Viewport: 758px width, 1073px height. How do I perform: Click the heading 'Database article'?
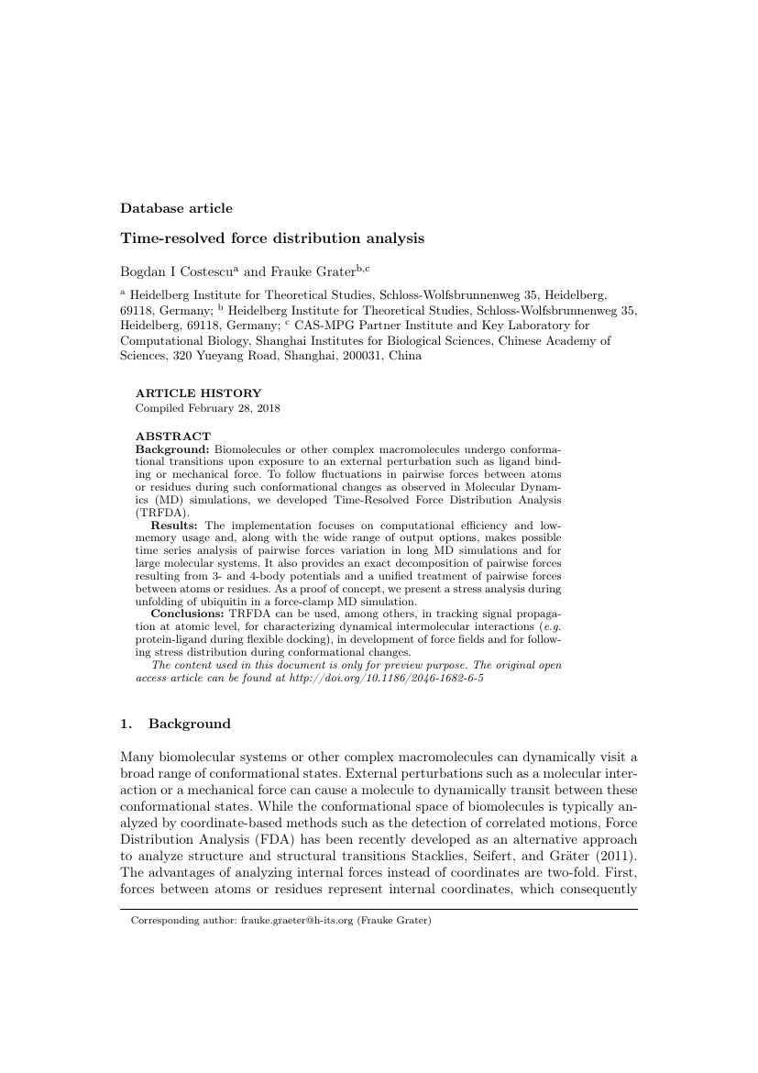176,208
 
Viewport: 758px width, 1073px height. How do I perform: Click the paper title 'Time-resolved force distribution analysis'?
272,238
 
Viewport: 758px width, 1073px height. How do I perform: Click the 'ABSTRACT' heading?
173,437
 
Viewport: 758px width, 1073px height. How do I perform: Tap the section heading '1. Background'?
175,724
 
